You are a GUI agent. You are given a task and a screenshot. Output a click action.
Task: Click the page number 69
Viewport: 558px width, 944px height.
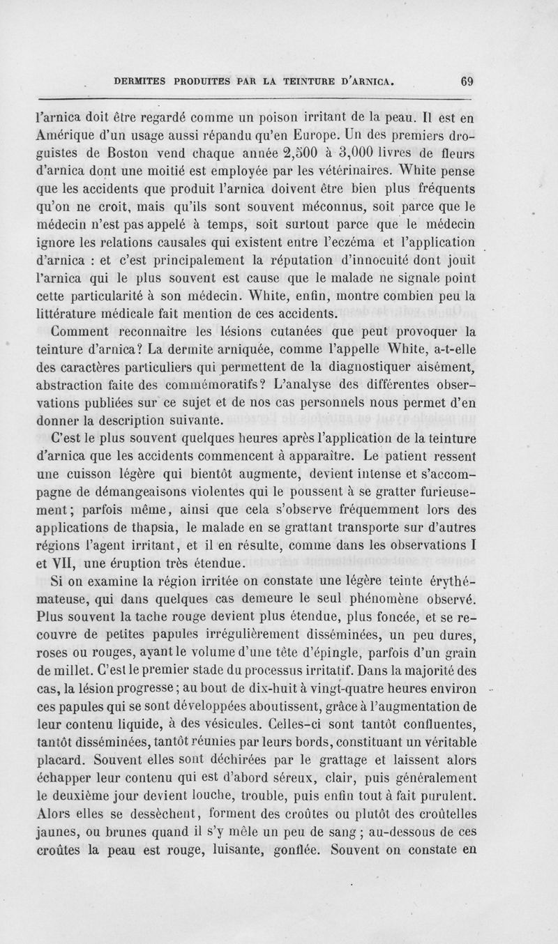467,80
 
